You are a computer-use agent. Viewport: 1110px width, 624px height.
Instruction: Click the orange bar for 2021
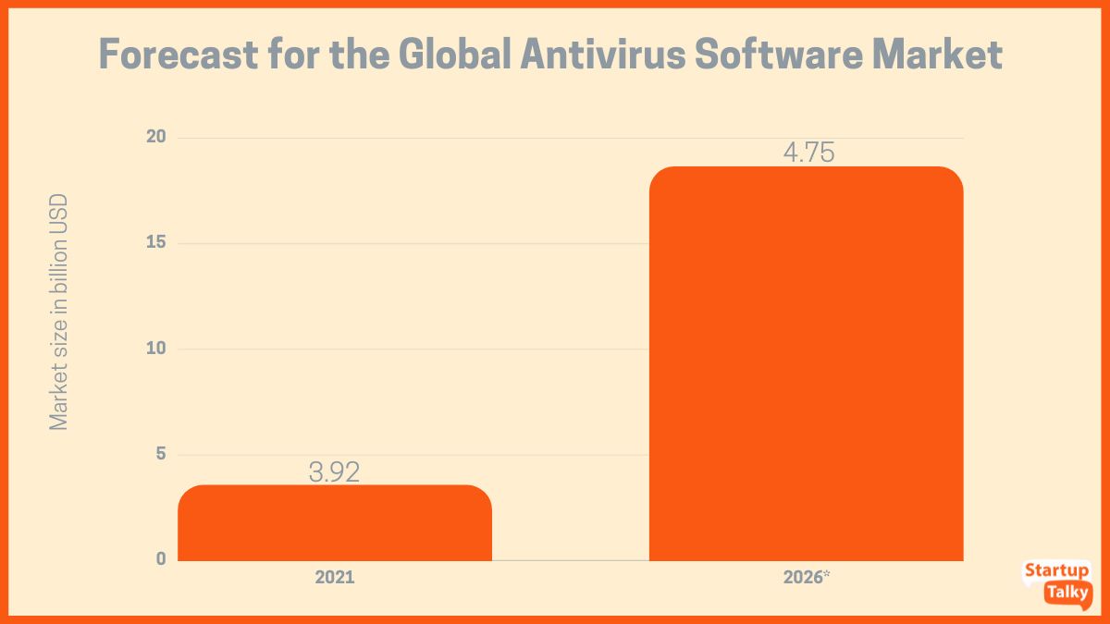coord(334,523)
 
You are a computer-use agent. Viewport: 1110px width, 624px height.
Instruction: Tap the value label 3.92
coord(334,471)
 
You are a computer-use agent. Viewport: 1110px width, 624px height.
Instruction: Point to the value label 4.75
coord(808,153)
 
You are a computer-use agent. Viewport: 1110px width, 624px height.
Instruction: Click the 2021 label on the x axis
coord(334,578)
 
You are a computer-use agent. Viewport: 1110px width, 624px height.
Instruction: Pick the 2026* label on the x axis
coord(806,578)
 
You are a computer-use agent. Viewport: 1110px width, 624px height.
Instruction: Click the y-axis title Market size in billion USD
coord(59,312)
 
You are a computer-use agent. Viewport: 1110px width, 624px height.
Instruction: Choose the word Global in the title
coord(453,55)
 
